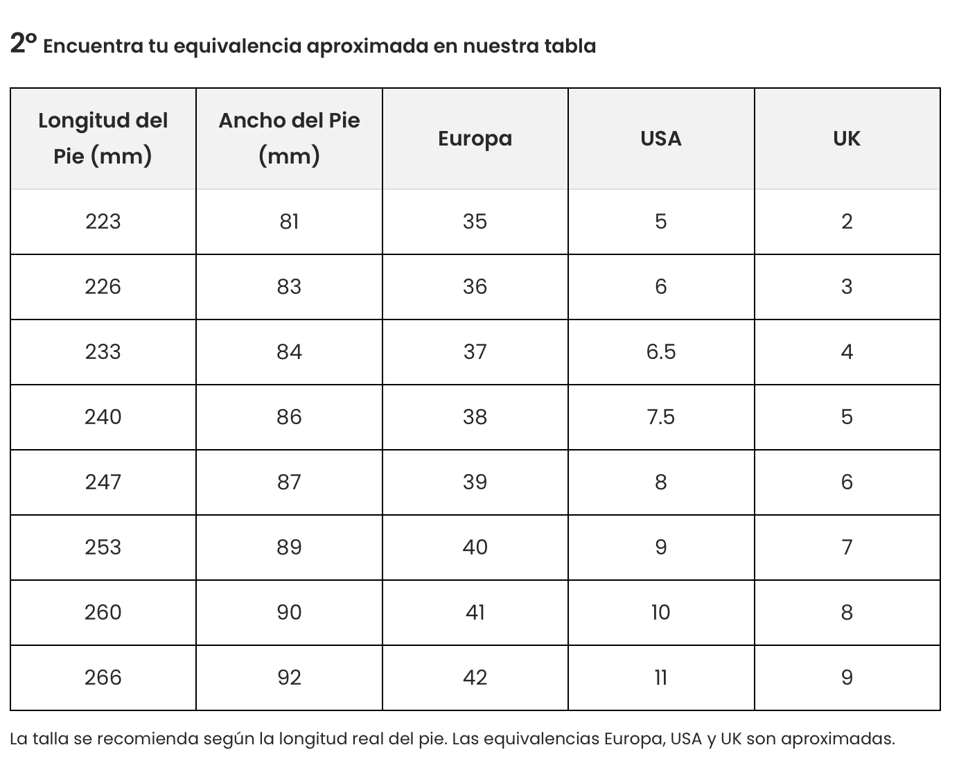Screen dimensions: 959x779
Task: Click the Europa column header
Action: pyautogui.click(x=475, y=138)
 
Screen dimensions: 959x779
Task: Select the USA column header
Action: pyautogui.click(x=660, y=138)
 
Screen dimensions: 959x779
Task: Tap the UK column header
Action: pyautogui.click(x=847, y=138)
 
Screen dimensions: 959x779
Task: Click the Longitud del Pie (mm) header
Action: pyautogui.click(x=103, y=138)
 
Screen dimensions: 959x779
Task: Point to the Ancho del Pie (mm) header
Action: pyautogui.click(x=289, y=138)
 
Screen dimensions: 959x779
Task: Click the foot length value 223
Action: pyautogui.click(x=103, y=222)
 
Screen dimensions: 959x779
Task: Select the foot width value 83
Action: pyautogui.click(x=289, y=286)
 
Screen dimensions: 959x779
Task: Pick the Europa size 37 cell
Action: pyautogui.click(x=475, y=351)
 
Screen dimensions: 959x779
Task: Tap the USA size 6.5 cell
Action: pyautogui.click(x=660, y=351)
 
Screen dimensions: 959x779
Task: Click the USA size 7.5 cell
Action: pyautogui.click(x=660, y=417)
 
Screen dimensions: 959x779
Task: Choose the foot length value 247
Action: pyautogui.click(x=103, y=482)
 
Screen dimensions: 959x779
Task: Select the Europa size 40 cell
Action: pyautogui.click(x=475, y=547)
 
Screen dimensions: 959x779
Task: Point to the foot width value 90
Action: pyautogui.click(x=289, y=613)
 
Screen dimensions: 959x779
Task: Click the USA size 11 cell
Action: pyautogui.click(x=660, y=678)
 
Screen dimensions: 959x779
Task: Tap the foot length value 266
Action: pyautogui.click(x=103, y=678)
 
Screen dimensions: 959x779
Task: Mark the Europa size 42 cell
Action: pyautogui.click(x=475, y=678)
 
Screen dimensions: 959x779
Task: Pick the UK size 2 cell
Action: pyautogui.click(x=847, y=222)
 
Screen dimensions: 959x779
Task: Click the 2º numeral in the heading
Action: pyautogui.click(x=24, y=44)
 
